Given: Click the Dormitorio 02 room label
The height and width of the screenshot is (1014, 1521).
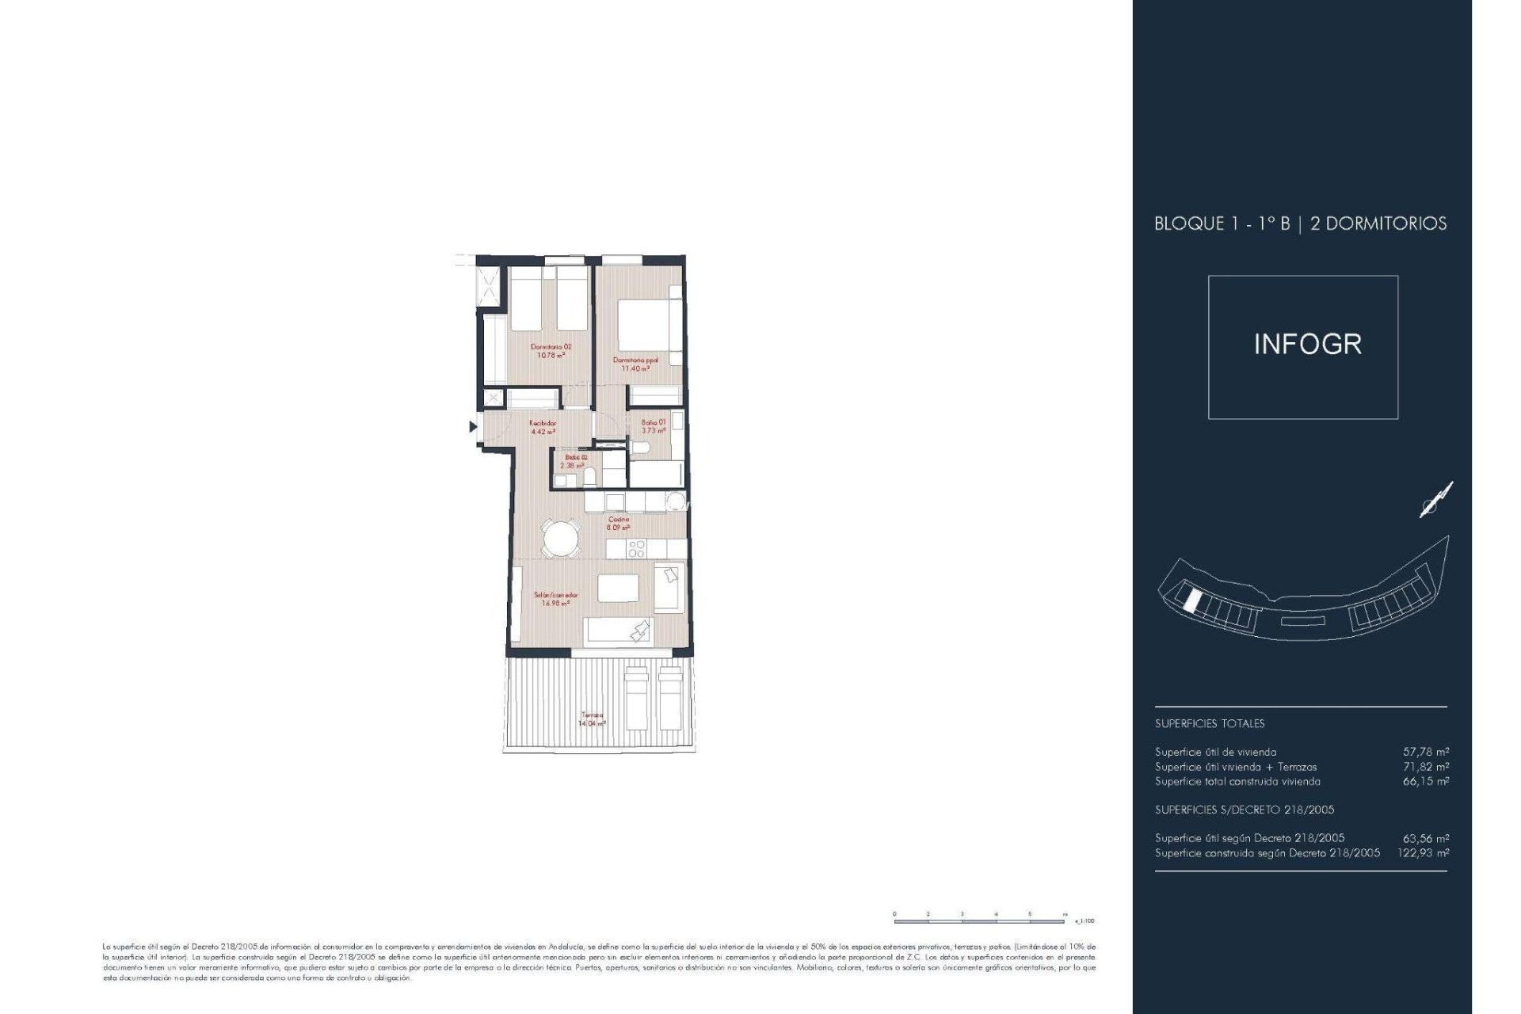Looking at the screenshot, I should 551,351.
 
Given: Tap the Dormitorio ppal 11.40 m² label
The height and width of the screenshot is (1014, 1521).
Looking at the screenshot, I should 635,364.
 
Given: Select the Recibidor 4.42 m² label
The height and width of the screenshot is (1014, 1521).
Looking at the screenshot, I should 543,428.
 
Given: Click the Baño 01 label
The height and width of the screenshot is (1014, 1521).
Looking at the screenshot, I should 654,426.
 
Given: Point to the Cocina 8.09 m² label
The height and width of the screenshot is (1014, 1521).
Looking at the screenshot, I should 619,524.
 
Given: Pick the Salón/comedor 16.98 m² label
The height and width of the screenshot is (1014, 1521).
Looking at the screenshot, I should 555,599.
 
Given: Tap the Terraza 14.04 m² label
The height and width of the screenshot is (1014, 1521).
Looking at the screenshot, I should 592,719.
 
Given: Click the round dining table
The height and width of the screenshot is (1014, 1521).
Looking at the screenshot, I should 561,539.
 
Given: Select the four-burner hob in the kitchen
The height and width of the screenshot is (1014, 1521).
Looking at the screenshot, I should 636,549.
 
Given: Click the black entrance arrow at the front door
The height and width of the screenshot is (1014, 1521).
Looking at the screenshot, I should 473,427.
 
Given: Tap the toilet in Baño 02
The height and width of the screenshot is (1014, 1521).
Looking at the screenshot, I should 590,476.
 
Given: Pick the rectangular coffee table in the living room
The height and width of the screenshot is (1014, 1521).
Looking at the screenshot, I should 618,589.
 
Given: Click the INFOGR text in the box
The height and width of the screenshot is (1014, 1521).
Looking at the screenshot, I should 1307,344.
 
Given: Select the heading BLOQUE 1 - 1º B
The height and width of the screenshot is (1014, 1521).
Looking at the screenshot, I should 1222,223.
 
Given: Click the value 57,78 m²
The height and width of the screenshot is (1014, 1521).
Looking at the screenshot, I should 1425,752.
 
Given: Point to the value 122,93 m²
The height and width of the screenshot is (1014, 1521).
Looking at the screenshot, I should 1423,853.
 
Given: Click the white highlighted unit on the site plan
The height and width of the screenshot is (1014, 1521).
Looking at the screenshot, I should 1191,600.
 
